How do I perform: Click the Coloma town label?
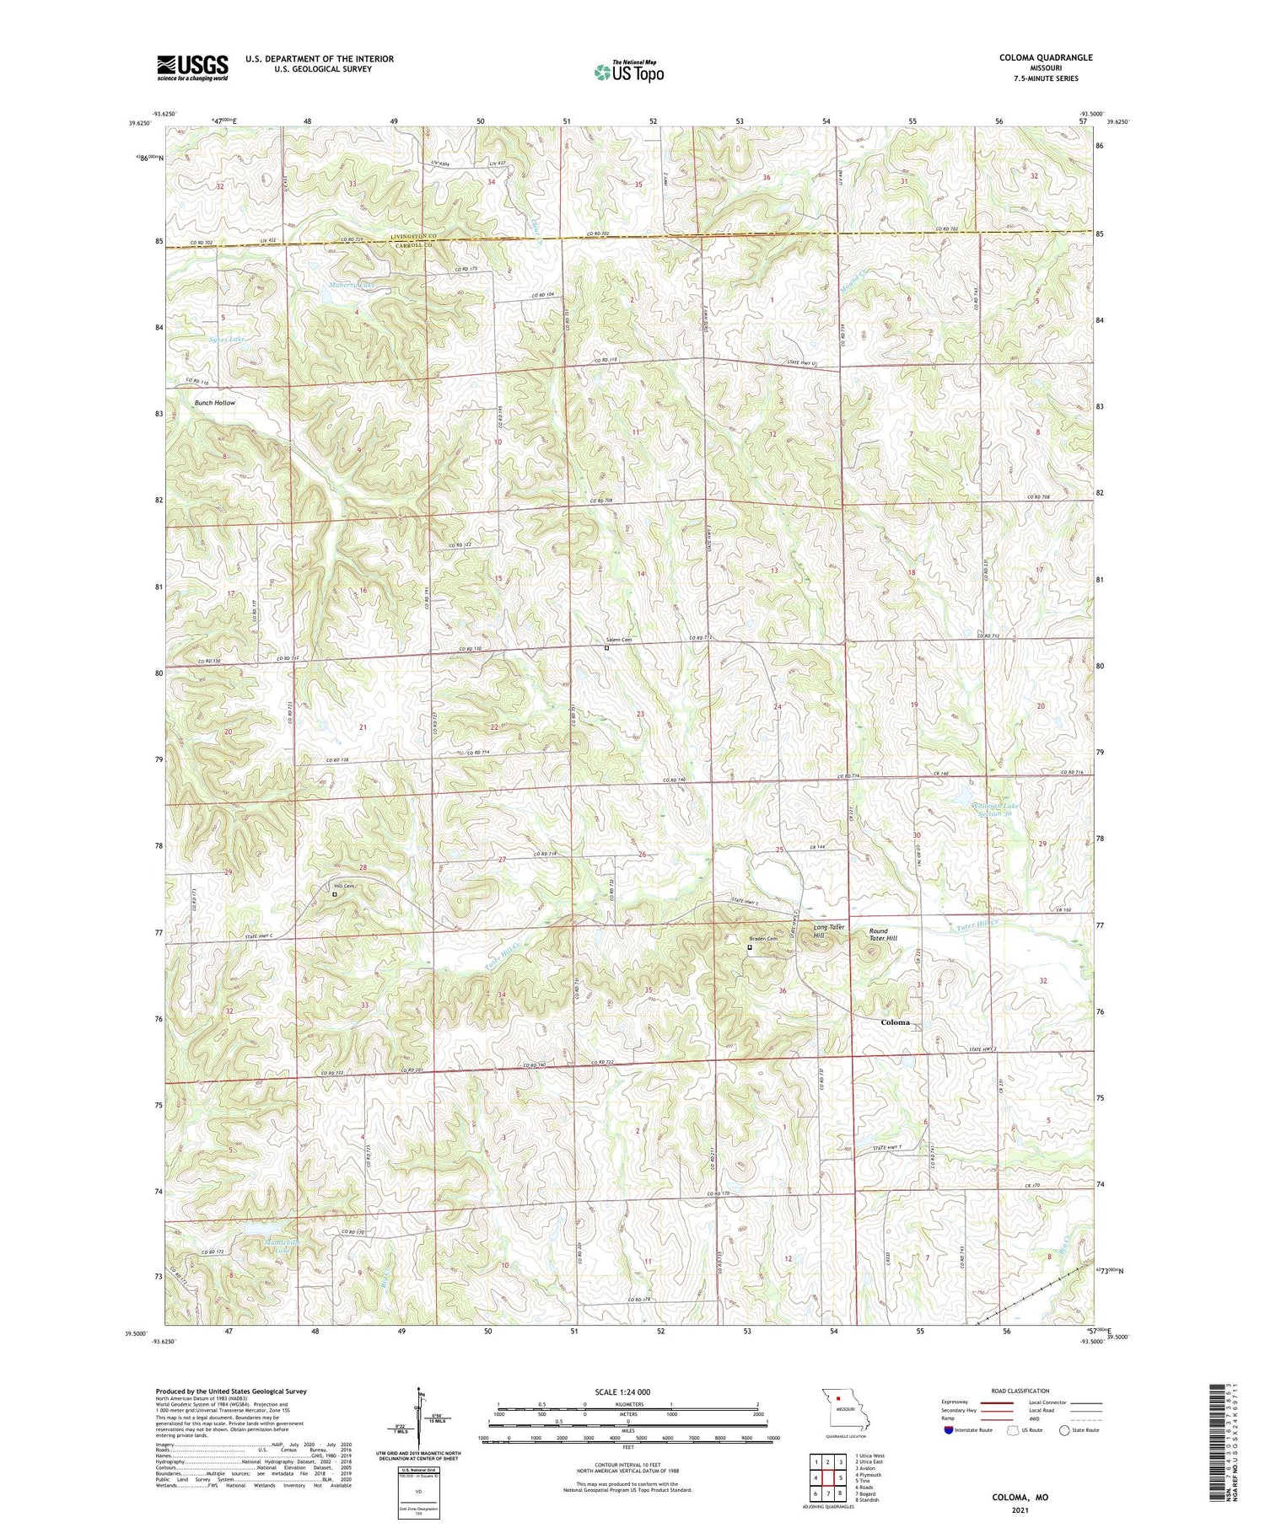coord(895,1022)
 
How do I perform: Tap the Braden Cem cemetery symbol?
coord(750,947)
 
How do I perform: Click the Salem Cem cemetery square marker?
coord(606,648)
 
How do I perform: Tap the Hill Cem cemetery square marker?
coord(334,895)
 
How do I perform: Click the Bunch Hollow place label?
coord(215,403)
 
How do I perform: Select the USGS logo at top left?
coord(192,67)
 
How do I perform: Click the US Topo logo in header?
coord(628,72)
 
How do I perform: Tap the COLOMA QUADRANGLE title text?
coord(1046,57)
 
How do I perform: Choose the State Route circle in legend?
coord(1064,1430)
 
